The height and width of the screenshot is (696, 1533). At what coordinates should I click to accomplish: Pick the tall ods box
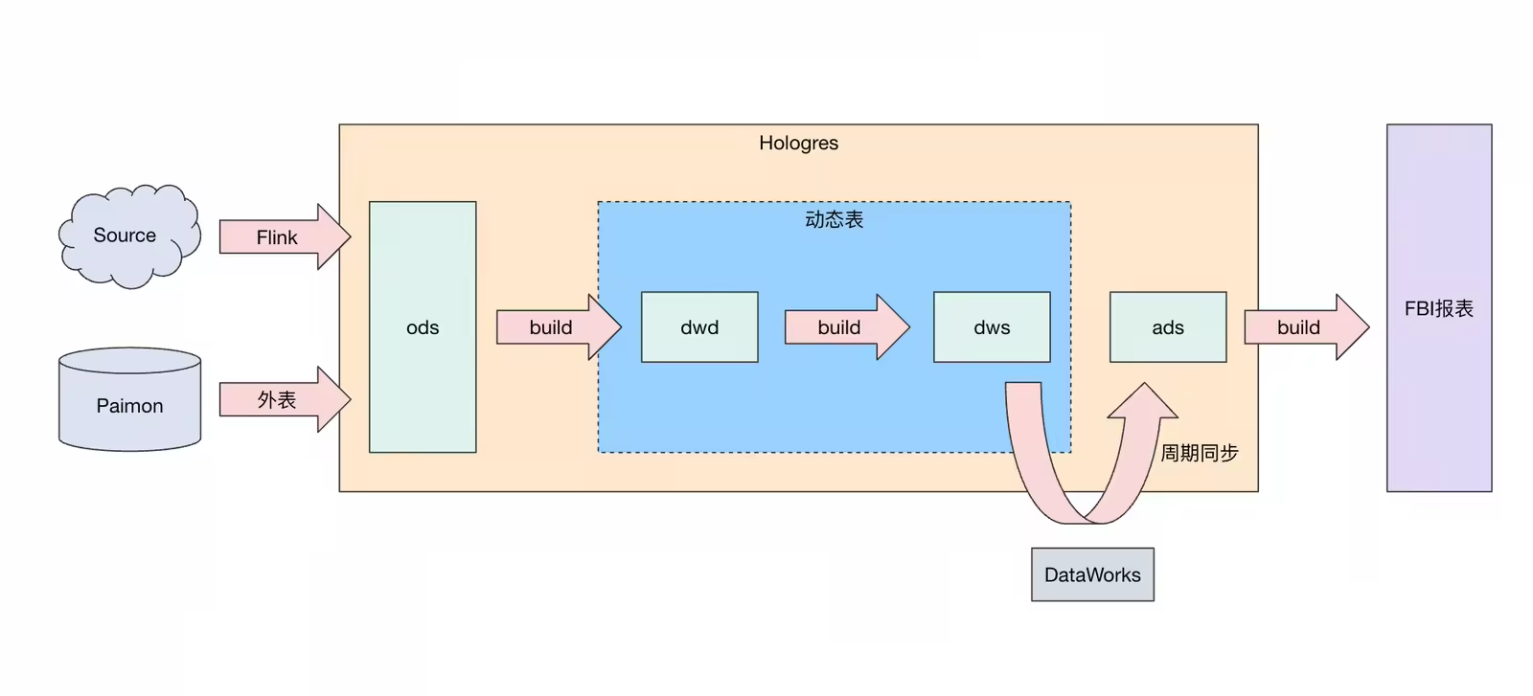423,383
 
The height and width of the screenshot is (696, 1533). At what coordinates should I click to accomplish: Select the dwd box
699,327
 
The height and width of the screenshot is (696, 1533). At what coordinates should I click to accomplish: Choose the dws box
992,327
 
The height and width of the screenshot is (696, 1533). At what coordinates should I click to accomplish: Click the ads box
1168,327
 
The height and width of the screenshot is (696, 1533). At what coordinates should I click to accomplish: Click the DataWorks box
1092,574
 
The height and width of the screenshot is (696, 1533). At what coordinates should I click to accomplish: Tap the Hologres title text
798,143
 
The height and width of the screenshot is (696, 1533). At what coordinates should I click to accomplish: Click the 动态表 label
834,219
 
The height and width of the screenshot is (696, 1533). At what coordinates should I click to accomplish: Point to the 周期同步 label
1199,453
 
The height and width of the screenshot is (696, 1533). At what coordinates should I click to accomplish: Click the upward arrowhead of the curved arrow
1143,402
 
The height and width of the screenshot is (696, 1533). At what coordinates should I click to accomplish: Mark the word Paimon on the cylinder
129,406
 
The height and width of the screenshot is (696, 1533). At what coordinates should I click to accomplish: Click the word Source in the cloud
125,236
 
